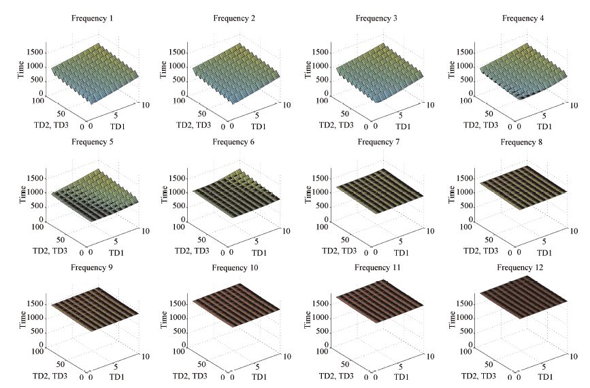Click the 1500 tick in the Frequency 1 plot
[35, 52]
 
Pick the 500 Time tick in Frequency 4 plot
[468, 80]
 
